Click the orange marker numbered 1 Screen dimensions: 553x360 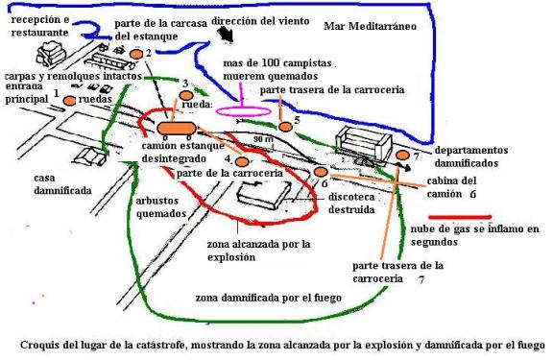tap(69, 101)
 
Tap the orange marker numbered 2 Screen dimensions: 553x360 tap(136, 55)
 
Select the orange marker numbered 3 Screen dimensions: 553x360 tap(186, 96)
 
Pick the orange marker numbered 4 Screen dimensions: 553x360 tap(242, 162)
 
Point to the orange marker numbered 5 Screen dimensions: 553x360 tap(285, 127)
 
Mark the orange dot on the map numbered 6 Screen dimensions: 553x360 tap(321, 172)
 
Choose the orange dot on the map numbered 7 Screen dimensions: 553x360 tap(402, 156)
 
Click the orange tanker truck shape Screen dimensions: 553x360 tap(176, 129)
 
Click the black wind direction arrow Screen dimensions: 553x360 tap(226, 36)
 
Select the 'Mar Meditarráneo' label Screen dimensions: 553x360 tap(370, 27)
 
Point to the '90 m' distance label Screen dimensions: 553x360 tap(263, 139)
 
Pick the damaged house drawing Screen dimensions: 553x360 tap(89, 156)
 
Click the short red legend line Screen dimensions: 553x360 tap(460, 217)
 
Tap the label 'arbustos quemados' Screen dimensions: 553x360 tap(161, 207)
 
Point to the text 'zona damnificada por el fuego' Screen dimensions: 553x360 tap(269, 298)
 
